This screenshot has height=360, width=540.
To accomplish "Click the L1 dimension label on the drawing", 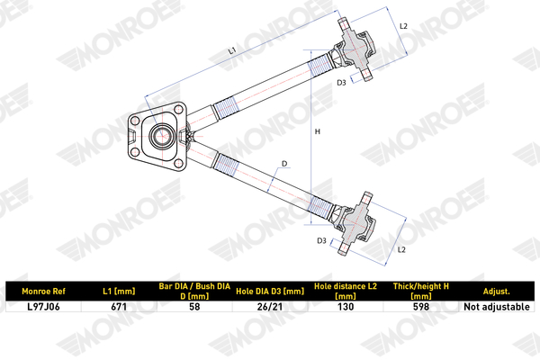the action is coord(232,50).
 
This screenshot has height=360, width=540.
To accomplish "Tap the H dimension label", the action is coord(318,131).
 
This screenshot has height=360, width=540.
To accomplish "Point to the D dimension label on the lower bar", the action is coord(284,164).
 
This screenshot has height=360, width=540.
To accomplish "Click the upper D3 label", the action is coord(341,82).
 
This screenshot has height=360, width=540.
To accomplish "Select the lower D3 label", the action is coord(321,241).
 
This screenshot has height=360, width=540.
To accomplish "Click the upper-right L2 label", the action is coord(403,26).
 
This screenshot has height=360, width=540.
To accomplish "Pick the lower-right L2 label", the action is coord(401,249).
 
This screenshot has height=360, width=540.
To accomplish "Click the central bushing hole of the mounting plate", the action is coord(161,136).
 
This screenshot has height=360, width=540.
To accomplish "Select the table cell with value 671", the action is coord(119,306).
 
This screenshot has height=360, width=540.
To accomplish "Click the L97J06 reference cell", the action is coord(43,306).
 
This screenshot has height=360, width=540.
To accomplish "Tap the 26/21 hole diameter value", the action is coord(270,306).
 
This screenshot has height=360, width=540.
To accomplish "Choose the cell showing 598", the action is coord(421,306).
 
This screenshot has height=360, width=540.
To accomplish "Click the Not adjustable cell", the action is coord(497,306).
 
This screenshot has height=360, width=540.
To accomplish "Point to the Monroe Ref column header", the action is coord(43,291).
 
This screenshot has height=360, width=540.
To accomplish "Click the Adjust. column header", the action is coord(496,291).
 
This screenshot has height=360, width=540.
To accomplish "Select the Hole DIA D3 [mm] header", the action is coord(270,291).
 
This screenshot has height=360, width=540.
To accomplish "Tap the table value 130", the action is coord(346,306).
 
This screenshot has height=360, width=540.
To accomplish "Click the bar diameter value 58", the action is coord(194,306).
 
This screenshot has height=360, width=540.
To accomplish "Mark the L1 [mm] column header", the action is coord(119,291).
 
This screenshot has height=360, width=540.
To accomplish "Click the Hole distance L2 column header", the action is coord(346,291).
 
